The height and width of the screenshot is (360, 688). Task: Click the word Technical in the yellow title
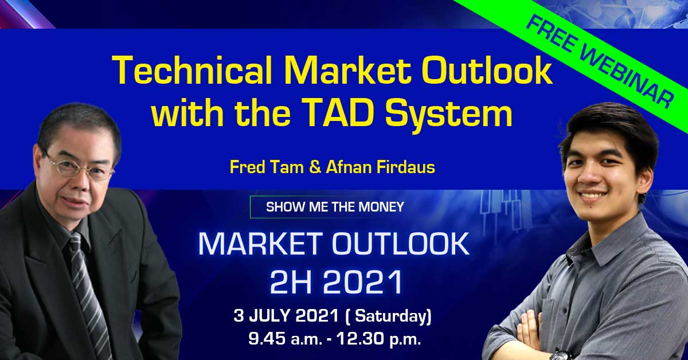click(x=193, y=70)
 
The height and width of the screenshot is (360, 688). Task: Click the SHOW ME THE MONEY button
click(x=334, y=207)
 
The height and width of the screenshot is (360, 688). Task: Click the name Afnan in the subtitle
click(x=349, y=167)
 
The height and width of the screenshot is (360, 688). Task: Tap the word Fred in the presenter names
click(x=246, y=167)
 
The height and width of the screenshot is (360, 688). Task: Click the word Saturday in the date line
click(x=391, y=316)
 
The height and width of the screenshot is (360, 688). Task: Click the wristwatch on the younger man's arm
click(x=562, y=355)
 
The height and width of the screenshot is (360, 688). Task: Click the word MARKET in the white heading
click(x=261, y=244)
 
